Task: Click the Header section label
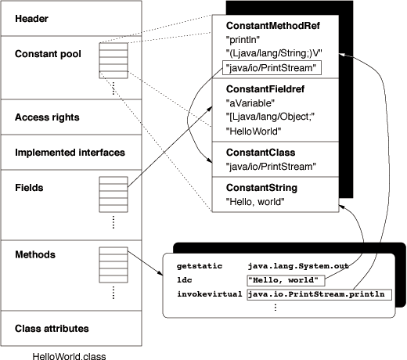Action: [31, 19]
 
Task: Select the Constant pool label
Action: [48, 54]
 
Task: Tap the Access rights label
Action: [47, 117]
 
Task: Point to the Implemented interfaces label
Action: [70, 153]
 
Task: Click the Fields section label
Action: [29, 188]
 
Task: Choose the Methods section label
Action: [35, 254]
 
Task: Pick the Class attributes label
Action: [52, 329]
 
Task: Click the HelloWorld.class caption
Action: [70, 356]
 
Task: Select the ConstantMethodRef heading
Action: [273, 26]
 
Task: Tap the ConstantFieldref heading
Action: [265, 89]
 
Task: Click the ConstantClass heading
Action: [261, 153]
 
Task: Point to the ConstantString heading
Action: [261, 188]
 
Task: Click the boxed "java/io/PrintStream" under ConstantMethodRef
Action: [272, 68]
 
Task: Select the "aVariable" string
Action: [250, 103]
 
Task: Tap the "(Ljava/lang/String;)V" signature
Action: [274, 53]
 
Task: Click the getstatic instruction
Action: [200, 266]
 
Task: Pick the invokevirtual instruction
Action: [210, 294]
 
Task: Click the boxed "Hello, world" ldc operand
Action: [286, 280]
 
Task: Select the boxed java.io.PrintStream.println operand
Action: [319, 294]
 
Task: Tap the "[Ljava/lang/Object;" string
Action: [270, 117]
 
